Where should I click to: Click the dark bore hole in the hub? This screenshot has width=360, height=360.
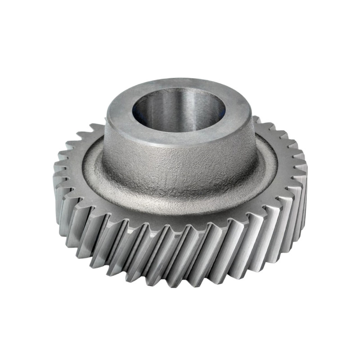(178, 112)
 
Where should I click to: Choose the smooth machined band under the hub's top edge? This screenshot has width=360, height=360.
(180, 146)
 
